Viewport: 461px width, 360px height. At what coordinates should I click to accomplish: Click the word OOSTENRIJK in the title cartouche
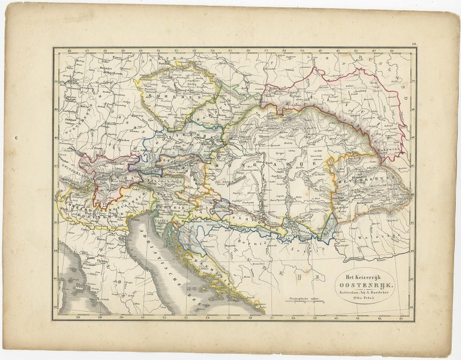363,285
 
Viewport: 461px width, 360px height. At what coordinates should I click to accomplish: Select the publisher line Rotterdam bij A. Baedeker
363,293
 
